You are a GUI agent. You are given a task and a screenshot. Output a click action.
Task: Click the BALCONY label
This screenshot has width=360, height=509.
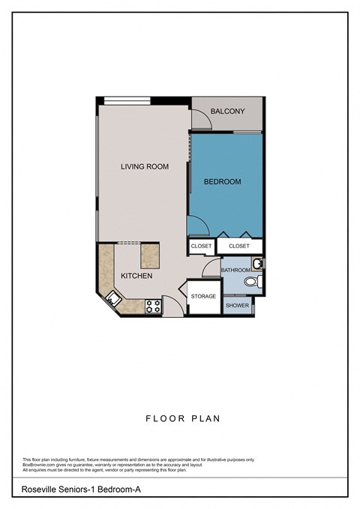pyautogui.click(x=227, y=112)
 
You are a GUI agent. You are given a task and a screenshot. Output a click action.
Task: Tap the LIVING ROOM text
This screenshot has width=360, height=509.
pyautogui.click(x=145, y=166)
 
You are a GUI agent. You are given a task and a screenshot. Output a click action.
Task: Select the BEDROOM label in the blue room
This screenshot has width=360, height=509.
pyautogui.click(x=223, y=181)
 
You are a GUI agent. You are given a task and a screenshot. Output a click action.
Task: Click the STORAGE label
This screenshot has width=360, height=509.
pyautogui.click(x=203, y=296)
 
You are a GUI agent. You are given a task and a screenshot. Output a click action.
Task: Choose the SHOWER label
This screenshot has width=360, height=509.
pyautogui.click(x=237, y=305)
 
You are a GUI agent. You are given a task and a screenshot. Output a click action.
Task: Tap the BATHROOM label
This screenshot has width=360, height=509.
pyautogui.click(x=235, y=269)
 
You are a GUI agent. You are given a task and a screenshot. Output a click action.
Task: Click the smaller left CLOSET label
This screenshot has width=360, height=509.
pyautogui.click(x=201, y=246)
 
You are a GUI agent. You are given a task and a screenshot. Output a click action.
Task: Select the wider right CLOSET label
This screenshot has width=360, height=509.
pyautogui.click(x=239, y=246)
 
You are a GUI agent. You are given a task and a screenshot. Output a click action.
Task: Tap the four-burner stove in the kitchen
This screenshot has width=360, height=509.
pyautogui.click(x=152, y=306)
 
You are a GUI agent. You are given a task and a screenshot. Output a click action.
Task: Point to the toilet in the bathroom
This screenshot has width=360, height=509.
pyautogui.click(x=256, y=282)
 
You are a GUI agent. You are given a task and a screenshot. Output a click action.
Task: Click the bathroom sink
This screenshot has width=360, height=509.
pyautogui.click(x=257, y=263)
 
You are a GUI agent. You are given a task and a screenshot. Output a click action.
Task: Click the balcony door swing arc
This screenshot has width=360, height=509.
pyautogui.click(x=199, y=118)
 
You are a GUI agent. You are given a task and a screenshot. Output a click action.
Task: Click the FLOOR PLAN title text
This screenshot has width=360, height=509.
pyautogui.click(x=183, y=418)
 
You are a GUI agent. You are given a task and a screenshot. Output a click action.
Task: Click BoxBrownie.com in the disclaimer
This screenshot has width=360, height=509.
pyautogui.click(x=39, y=465)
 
